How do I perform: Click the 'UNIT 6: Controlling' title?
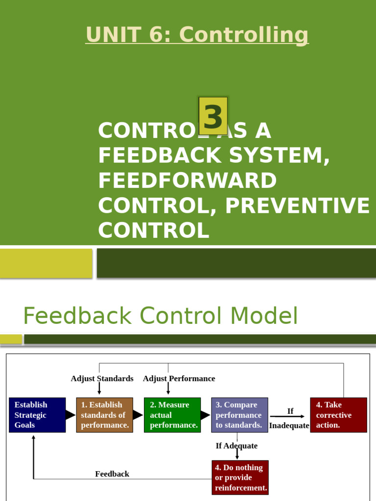pyautogui.click(x=197, y=35)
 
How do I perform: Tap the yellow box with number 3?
pyautogui.click(x=213, y=116)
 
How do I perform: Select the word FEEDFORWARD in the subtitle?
pyautogui.click(x=187, y=181)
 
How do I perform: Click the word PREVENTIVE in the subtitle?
pyautogui.click(x=297, y=205)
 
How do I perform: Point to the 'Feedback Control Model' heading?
pyautogui.click(x=161, y=316)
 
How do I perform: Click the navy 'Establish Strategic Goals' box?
pyautogui.click(x=37, y=415)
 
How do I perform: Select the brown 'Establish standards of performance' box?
pyautogui.click(x=105, y=415)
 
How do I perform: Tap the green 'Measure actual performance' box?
pyautogui.click(x=172, y=415)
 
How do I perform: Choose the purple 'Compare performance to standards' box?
pyautogui.click(x=239, y=415)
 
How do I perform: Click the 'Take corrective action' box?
pyautogui.click(x=338, y=415)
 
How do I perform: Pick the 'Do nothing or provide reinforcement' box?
pyautogui.click(x=240, y=478)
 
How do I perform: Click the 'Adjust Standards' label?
pyautogui.click(x=102, y=379)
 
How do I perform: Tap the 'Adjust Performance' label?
pyautogui.click(x=179, y=379)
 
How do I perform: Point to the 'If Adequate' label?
pyautogui.click(x=236, y=446)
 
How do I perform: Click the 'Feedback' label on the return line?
pyautogui.click(x=112, y=474)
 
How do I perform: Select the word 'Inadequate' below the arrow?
pyautogui.click(x=289, y=426)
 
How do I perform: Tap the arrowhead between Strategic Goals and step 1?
pyautogui.click(x=71, y=415)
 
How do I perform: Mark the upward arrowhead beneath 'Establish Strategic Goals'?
pyautogui.click(x=34, y=437)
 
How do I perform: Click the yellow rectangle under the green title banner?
pyautogui.click(x=46, y=263)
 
